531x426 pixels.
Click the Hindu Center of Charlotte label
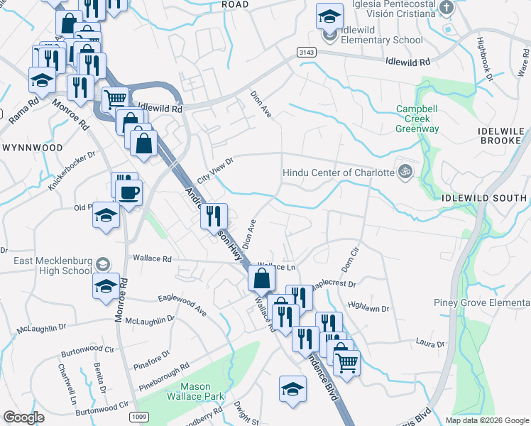(338, 173)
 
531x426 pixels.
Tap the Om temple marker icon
(405, 171)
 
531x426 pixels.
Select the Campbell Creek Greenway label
(417, 119)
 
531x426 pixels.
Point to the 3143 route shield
(306, 53)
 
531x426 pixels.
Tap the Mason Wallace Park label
(195, 391)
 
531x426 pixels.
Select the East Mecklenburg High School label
(53, 266)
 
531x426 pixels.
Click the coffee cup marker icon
(129, 192)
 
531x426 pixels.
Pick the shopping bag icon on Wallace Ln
(261, 277)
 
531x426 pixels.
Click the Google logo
(23, 417)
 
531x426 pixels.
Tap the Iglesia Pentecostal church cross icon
(446, 8)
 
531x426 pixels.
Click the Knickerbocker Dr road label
(71, 170)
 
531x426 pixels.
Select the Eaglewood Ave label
(182, 305)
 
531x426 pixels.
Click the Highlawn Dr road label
(369, 306)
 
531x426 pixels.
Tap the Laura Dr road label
(430, 344)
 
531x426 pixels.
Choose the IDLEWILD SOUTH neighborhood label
(483, 197)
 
